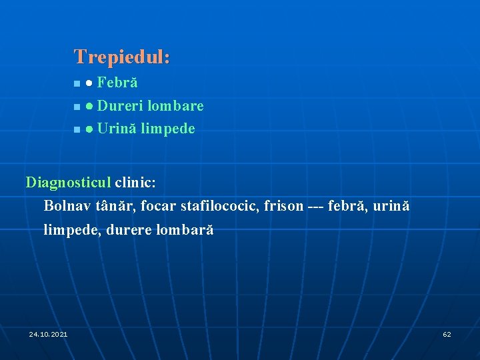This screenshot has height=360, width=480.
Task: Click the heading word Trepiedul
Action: click(122, 57)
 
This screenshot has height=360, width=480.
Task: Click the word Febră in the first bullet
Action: click(117, 83)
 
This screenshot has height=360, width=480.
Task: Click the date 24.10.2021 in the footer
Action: click(48, 334)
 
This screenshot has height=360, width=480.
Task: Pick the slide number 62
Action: click(447, 334)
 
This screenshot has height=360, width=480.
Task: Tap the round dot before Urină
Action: click(89, 129)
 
